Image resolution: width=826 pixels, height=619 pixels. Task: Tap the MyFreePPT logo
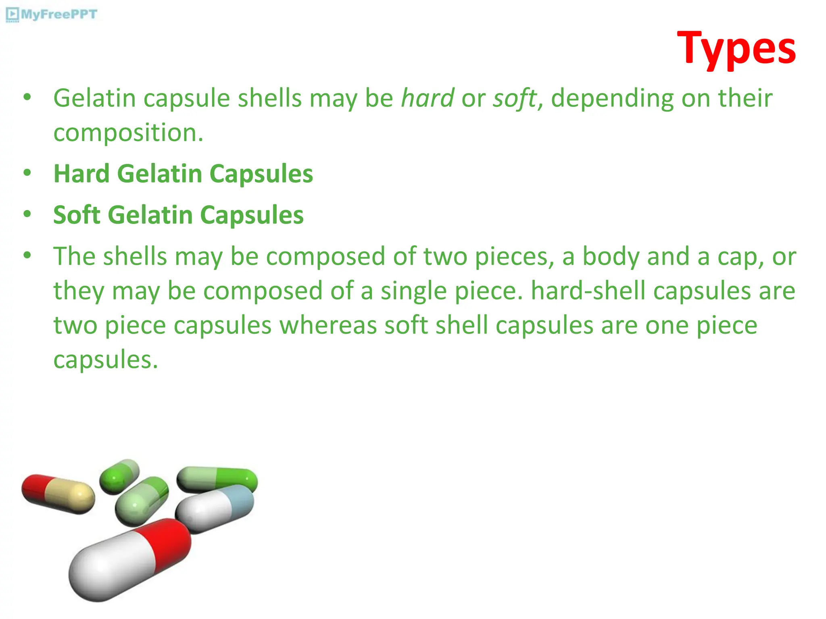pyautogui.click(x=52, y=15)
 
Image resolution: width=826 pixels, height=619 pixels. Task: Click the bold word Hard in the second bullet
pyautogui.click(x=81, y=174)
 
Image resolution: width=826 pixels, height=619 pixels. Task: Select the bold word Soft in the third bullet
pyautogui.click(x=77, y=215)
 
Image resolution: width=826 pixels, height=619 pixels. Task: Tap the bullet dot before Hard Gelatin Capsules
pyautogui.click(x=27, y=173)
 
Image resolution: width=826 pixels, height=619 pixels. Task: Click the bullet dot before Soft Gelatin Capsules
pyautogui.click(x=27, y=214)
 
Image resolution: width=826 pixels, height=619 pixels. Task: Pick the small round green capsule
pyautogui.click(x=119, y=476)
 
